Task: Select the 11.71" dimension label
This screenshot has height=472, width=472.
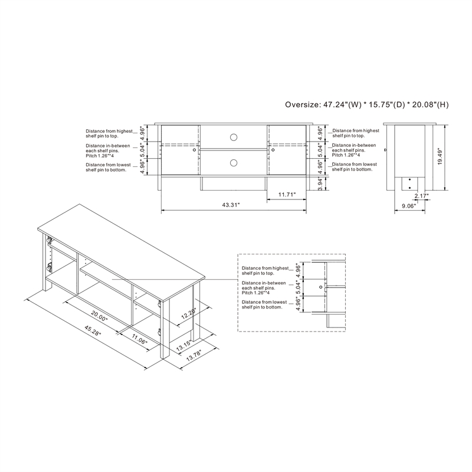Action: pos(287,194)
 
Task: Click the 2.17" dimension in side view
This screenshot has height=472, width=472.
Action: pos(421,195)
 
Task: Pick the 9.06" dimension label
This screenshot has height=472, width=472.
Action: pos(408,206)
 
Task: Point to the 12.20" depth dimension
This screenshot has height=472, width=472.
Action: pos(187,313)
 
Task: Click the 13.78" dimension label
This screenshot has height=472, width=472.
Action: pos(192,354)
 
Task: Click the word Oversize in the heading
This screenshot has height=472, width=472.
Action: pos(301,105)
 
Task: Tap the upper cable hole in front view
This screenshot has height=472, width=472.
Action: pos(234,137)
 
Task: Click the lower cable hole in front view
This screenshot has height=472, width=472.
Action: pos(234,162)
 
